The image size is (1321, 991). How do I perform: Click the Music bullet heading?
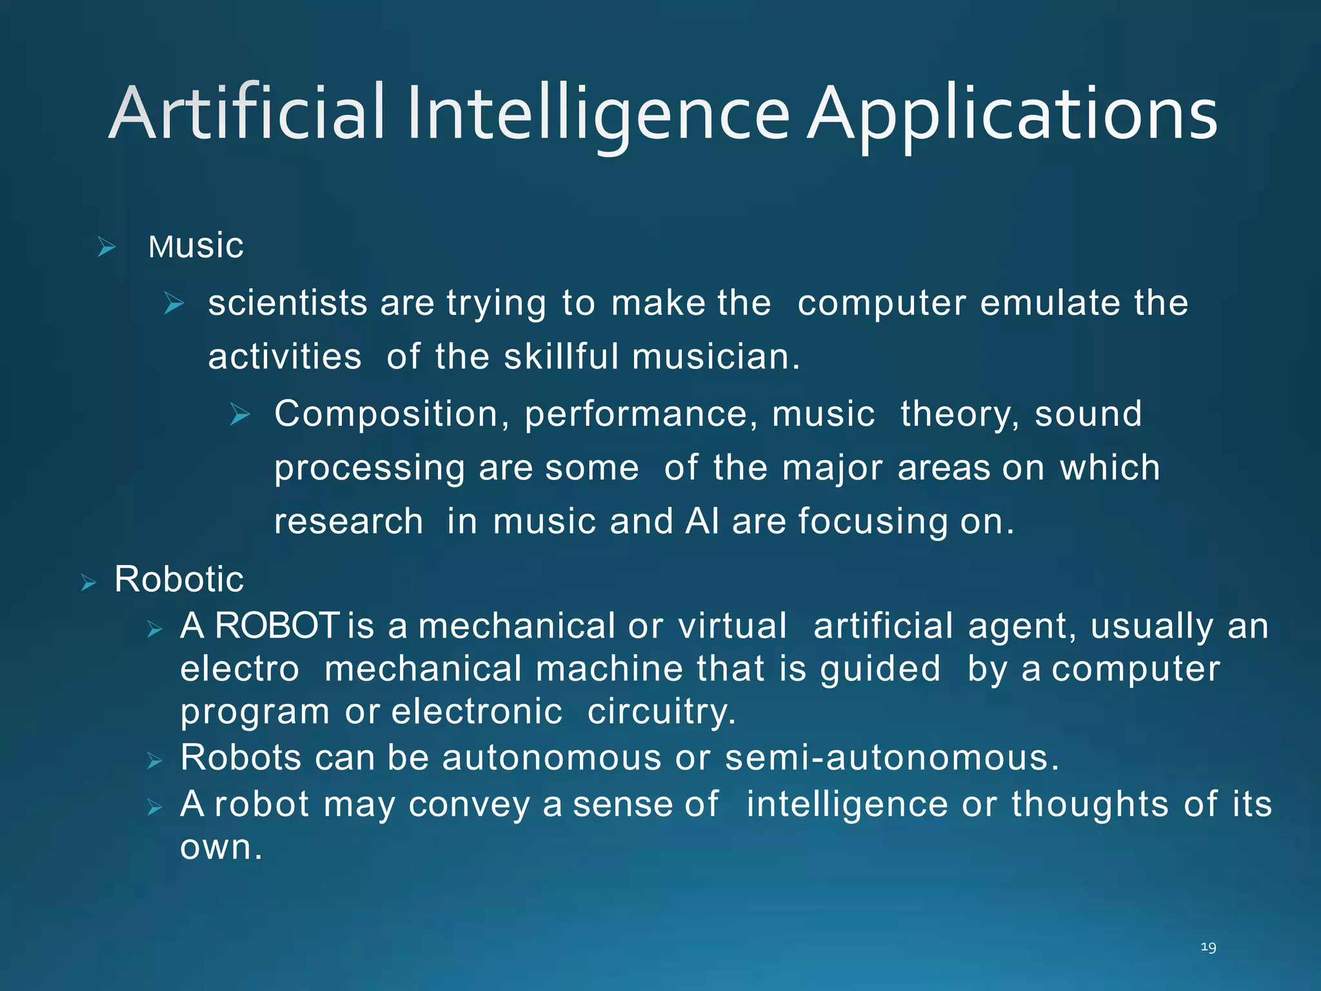[x=196, y=246]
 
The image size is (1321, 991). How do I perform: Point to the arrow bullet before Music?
[x=106, y=246]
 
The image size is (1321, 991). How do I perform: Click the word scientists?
[x=288, y=303]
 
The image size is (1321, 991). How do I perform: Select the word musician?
[x=715, y=357]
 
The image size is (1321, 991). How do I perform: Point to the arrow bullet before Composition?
[x=240, y=414]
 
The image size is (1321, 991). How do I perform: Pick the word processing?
[x=369, y=468]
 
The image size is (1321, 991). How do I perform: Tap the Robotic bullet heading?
[x=179, y=579]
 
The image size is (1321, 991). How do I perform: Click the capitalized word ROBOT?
[x=277, y=626]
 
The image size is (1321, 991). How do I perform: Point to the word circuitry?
[x=661, y=712]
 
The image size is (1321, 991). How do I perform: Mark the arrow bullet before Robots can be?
[x=154, y=761]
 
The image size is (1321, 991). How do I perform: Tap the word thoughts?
[x=1089, y=805]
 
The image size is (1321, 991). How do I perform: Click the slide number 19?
[x=1208, y=947]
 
